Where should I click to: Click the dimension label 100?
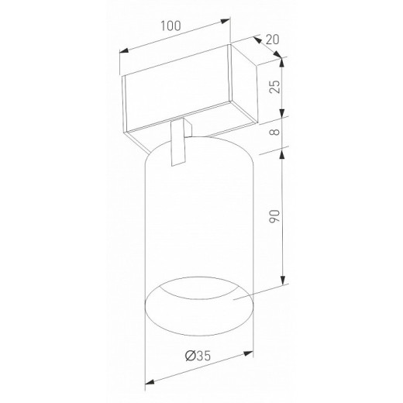(x=170, y=26)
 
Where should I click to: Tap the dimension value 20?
(x=273, y=40)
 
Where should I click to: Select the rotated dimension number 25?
(x=274, y=87)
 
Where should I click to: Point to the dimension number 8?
(x=274, y=132)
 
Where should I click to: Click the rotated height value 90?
(x=274, y=216)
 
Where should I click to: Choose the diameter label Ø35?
(x=198, y=356)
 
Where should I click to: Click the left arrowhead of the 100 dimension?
(x=124, y=50)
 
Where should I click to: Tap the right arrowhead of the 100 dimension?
(x=226, y=21)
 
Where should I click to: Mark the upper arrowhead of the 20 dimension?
(x=257, y=39)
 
